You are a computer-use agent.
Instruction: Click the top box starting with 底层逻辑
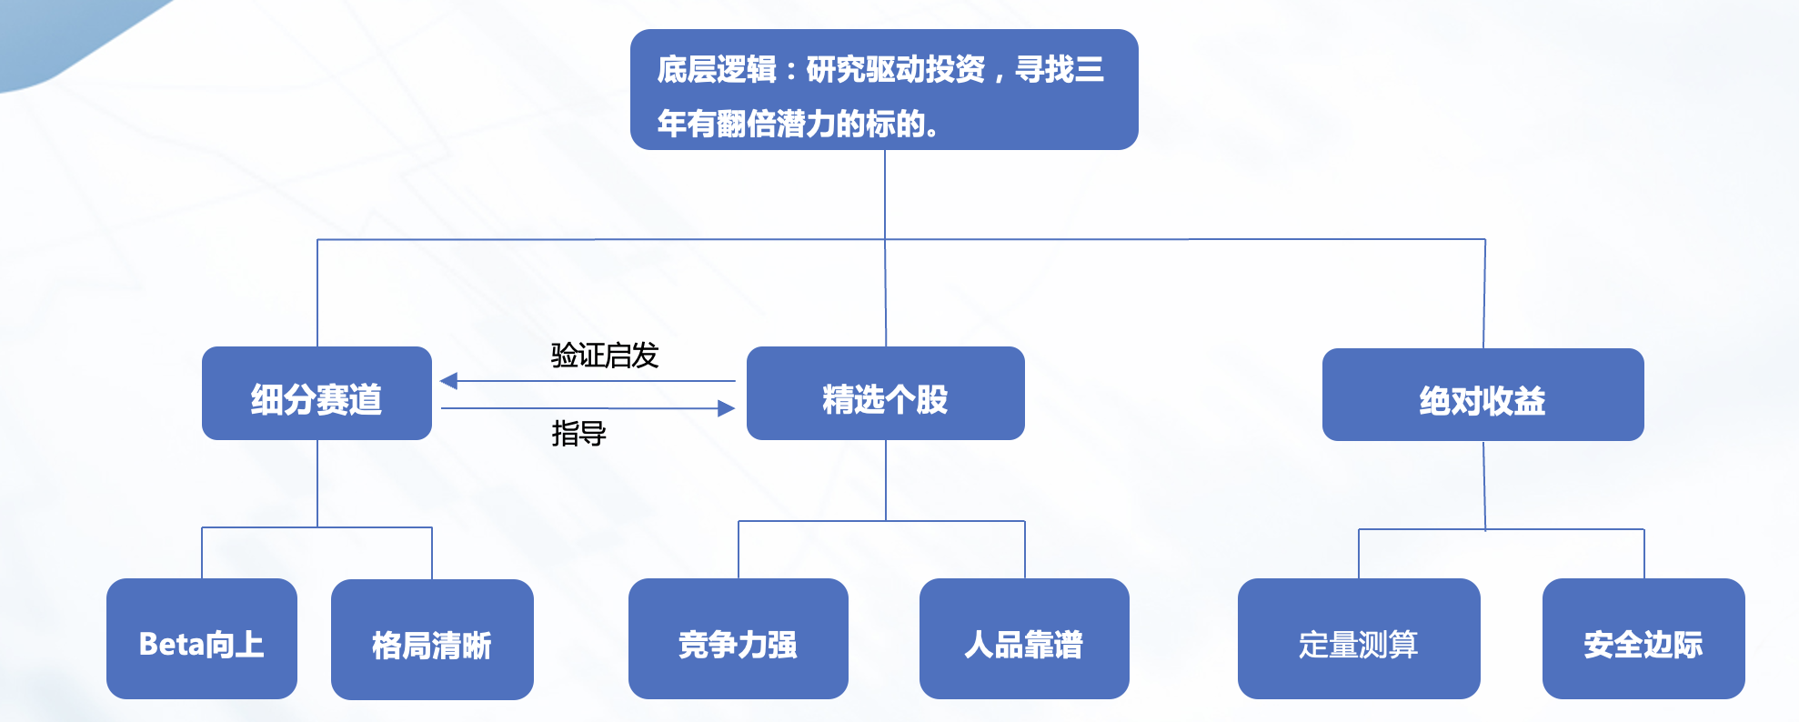[x=883, y=89]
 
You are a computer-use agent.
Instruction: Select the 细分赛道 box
[x=317, y=394]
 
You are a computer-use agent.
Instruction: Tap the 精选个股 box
[x=885, y=394]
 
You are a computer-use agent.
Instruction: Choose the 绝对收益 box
[x=1482, y=396]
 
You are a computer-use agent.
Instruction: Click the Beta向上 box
[x=201, y=639]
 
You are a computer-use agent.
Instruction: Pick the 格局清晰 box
[x=432, y=640]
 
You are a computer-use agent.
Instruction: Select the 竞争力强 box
[x=738, y=639]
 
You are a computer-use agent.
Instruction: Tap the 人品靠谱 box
[x=1024, y=639]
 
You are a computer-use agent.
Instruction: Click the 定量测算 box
[x=1358, y=639]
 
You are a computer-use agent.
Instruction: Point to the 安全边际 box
[x=1643, y=639]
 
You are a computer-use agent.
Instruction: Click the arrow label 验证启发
[x=605, y=355]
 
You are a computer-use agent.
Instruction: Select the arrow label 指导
[x=578, y=434]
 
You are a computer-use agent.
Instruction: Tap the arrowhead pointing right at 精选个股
[x=726, y=408]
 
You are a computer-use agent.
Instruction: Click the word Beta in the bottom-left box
[x=172, y=645]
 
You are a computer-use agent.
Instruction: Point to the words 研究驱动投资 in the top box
[x=895, y=69]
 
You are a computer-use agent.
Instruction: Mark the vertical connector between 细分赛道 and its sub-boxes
[x=317, y=483]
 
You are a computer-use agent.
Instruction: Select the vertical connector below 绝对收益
[x=1484, y=485]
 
